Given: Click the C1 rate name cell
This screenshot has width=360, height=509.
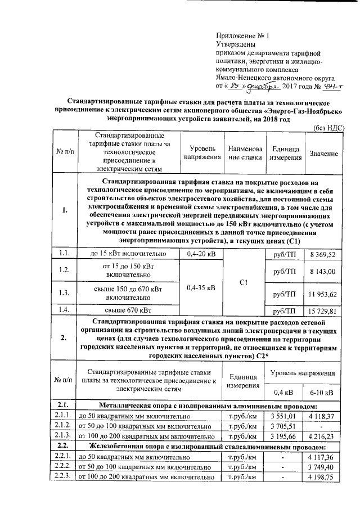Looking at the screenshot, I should pyautogui.click(x=244, y=282).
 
